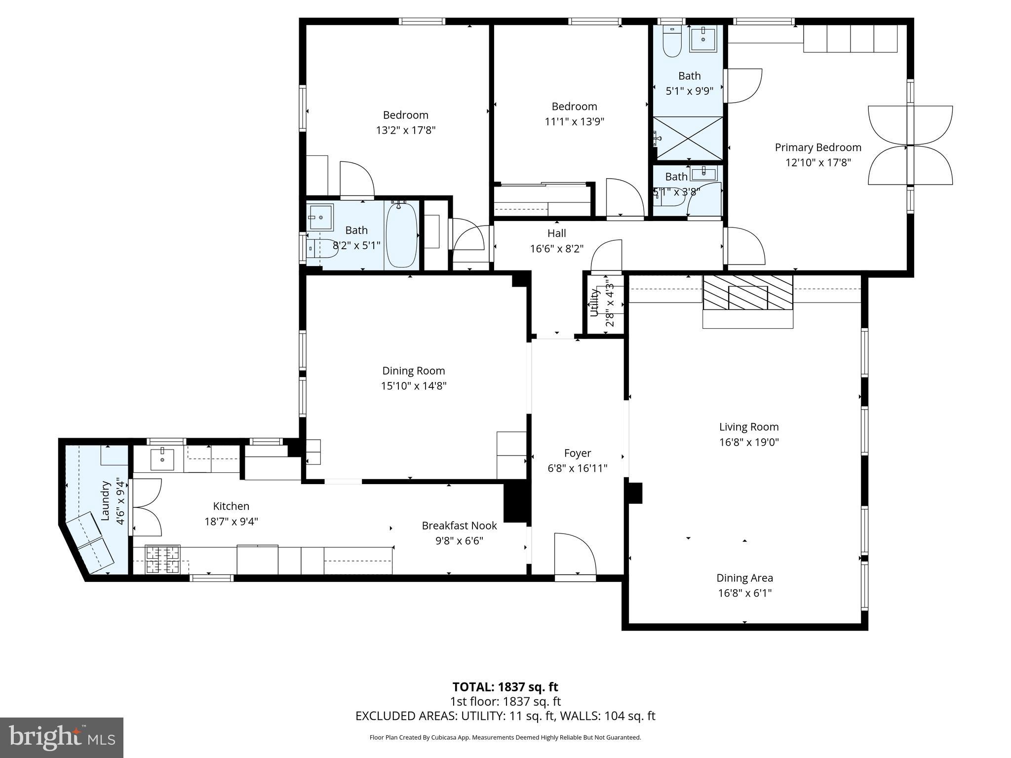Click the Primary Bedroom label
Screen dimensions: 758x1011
[818, 147]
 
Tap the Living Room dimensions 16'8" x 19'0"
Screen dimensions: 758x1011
[748, 442]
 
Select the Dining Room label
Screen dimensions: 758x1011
[413, 371]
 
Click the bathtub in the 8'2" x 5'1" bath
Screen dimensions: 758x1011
[401, 235]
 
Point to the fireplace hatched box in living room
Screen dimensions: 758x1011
[747, 293]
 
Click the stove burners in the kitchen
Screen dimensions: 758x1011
[162, 560]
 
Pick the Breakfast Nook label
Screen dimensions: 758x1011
[459, 526]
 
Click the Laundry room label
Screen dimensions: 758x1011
[105, 500]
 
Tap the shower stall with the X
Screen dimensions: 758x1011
[688, 138]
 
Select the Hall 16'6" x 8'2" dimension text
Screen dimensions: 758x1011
[556, 249]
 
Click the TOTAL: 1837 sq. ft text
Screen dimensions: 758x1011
[505, 687]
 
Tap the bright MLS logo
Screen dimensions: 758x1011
[62, 737]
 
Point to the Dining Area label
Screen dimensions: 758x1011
[744, 578]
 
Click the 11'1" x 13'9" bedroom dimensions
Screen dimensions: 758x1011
[574, 121]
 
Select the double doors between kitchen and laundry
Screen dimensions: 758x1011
[146, 507]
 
